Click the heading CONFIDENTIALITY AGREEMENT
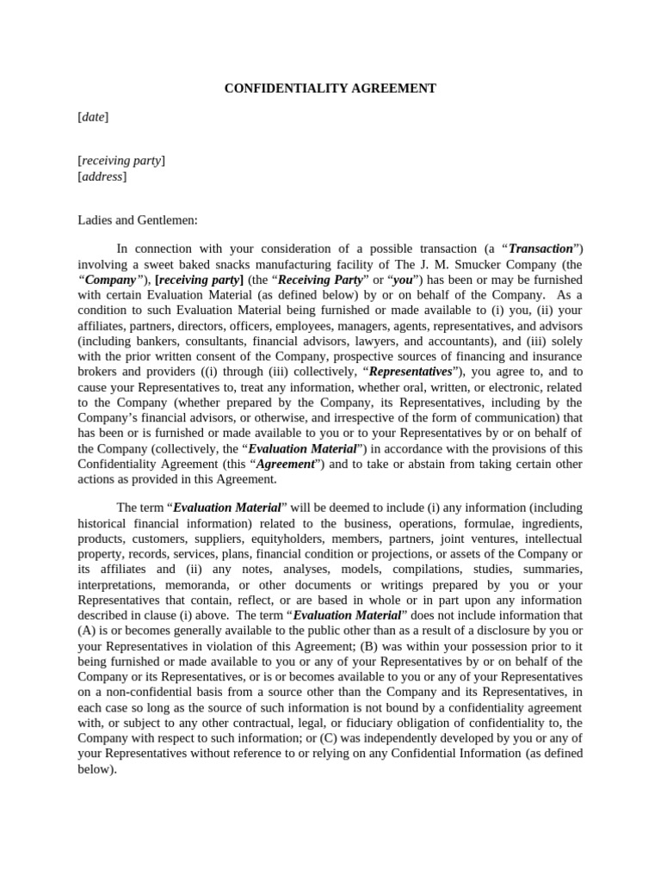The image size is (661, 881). click(330, 89)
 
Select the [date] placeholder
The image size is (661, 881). click(93, 117)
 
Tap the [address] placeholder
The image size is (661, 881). click(102, 176)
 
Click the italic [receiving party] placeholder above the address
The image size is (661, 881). click(121, 161)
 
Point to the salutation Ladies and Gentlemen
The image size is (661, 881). click(138, 220)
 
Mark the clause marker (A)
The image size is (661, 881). click(88, 631)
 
